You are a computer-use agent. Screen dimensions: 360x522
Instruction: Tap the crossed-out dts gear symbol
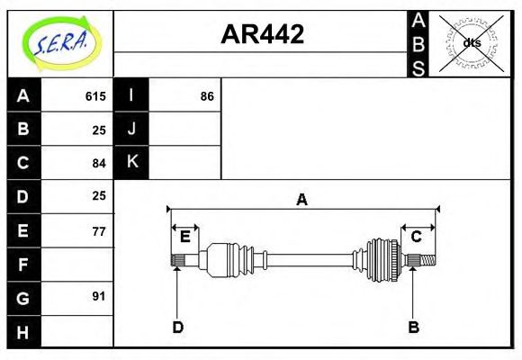(x=472, y=42)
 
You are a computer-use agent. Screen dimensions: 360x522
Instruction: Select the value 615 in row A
(x=95, y=96)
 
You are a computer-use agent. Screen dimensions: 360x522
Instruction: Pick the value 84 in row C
(x=99, y=163)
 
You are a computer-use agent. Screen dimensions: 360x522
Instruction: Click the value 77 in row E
(x=99, y=231)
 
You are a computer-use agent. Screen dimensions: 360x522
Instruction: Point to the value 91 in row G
(x=99, y=296)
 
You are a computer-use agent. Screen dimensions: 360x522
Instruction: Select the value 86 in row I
(x=207, y=96)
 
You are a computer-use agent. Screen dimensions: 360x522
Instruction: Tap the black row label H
(x=23, y=332)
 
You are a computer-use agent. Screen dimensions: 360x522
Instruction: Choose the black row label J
(x=131, y=129)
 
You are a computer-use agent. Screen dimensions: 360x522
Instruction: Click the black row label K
(x=131, y=162)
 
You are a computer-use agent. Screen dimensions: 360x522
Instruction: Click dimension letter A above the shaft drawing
(x=302, y=200)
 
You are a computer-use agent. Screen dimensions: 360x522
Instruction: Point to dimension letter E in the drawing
(x=185, y=237)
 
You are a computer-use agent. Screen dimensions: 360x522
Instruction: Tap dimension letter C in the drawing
(x=417, y=237)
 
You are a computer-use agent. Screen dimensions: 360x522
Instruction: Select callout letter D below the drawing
(x=177, y=327)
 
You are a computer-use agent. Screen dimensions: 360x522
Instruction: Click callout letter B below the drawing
(x=413, y=327)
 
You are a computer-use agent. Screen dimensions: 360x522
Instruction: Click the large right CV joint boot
(x=381, y=260)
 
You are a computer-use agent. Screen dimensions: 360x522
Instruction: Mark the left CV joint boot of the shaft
(x=220, y=260)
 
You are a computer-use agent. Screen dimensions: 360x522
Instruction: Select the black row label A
(x=23, y=96)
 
